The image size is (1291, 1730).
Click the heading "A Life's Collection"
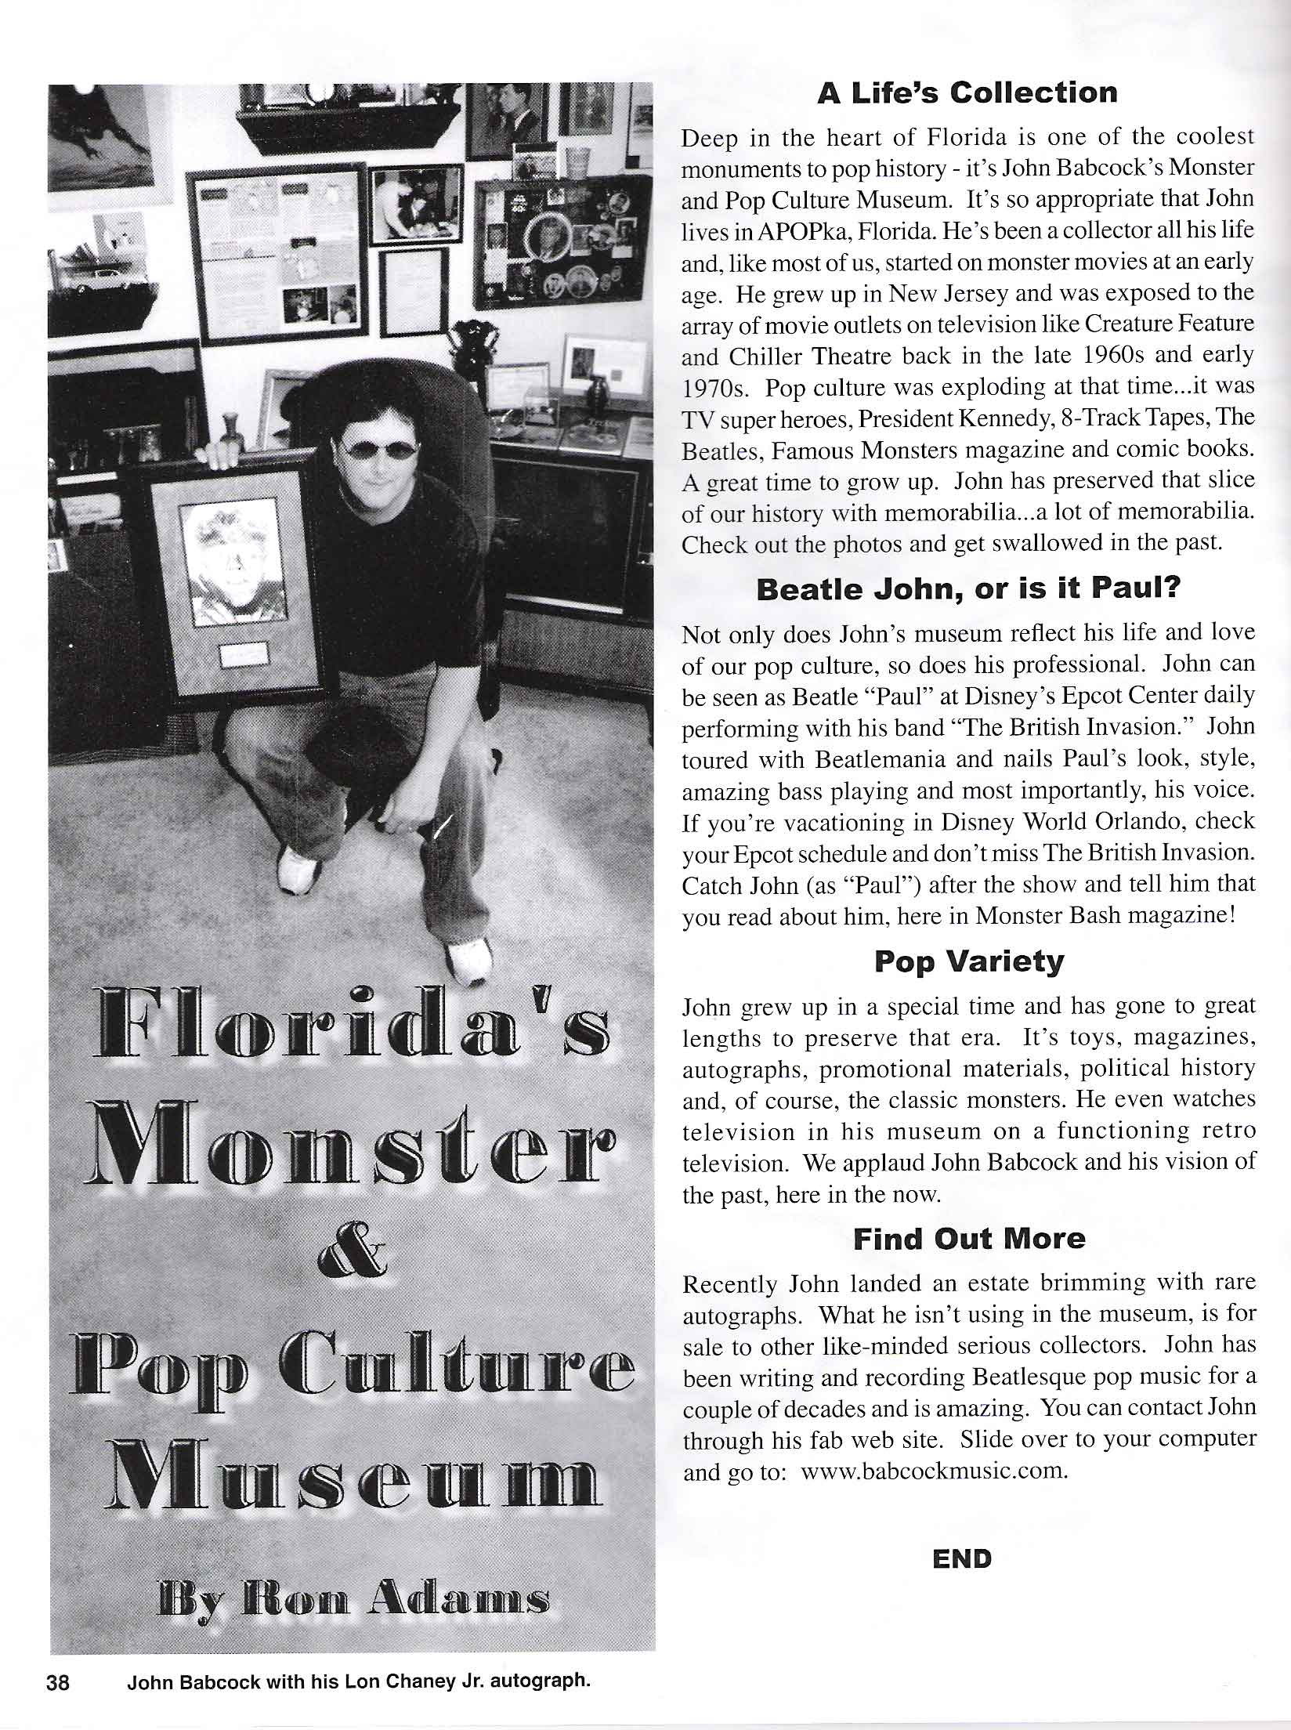[967, 93]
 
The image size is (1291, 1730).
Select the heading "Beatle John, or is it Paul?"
[967, 590]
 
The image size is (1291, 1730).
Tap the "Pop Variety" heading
[968, 961]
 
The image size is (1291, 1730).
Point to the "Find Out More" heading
[969, 1239]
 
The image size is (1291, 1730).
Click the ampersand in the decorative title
[352, 1261]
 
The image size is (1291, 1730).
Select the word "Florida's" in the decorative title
[352, 1026]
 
